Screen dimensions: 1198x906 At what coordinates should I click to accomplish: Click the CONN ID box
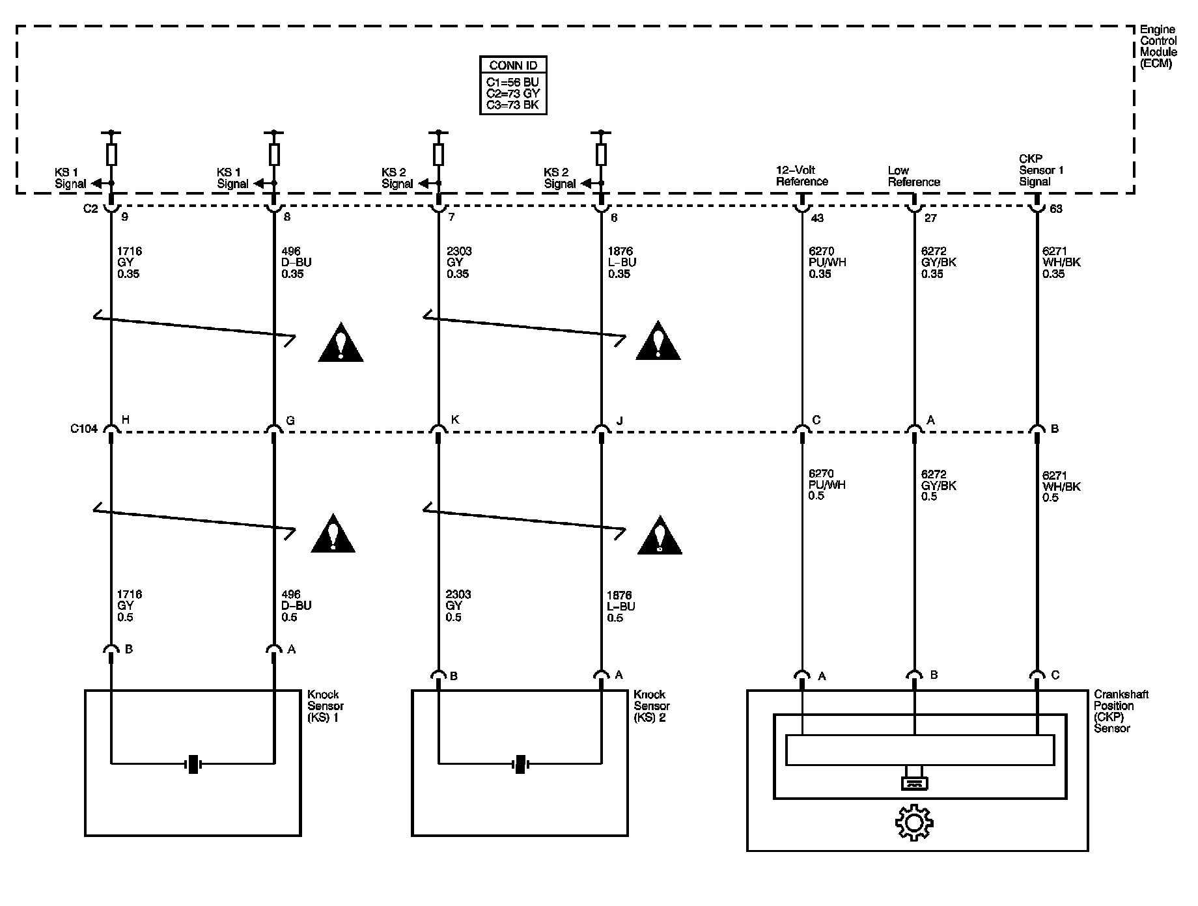tap(513, 85)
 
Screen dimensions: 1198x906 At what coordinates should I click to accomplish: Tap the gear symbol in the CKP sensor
tap(913, 823)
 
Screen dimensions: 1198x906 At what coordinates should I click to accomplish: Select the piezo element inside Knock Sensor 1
tap(193, 763)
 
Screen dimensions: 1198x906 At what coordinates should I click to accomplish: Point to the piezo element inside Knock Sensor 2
tap(520, 763)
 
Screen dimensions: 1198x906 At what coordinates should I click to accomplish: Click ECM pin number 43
tap(817, 218)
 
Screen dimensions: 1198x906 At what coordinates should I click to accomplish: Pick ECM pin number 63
tap(1055, 209)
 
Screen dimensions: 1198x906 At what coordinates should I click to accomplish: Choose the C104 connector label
tap(84, 429)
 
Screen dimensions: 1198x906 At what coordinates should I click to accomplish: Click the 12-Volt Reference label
tap(802, 176)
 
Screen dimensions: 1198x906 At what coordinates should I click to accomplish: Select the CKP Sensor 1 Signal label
tap(1041, 170)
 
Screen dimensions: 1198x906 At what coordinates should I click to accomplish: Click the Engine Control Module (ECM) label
tap(1158, 46)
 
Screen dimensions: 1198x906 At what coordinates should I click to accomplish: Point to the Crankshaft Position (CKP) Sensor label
tap(1121, 711)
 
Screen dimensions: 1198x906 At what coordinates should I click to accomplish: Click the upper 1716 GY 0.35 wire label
tap(130, 262)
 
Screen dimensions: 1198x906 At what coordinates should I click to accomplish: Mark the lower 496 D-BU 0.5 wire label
tap(296, 606)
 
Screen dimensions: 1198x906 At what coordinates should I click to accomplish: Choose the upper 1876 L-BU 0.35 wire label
tap(622, 262)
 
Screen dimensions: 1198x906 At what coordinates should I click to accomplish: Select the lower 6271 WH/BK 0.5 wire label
tap(1061, 486)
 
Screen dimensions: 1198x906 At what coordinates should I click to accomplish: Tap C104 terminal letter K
tap(455, 420)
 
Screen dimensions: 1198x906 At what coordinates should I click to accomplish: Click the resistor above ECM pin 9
tap(111, 155)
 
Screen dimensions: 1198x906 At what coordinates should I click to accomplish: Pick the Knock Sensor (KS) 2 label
tap(651, 706)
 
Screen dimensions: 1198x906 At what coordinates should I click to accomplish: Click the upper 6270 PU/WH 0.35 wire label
tap(828, 262)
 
